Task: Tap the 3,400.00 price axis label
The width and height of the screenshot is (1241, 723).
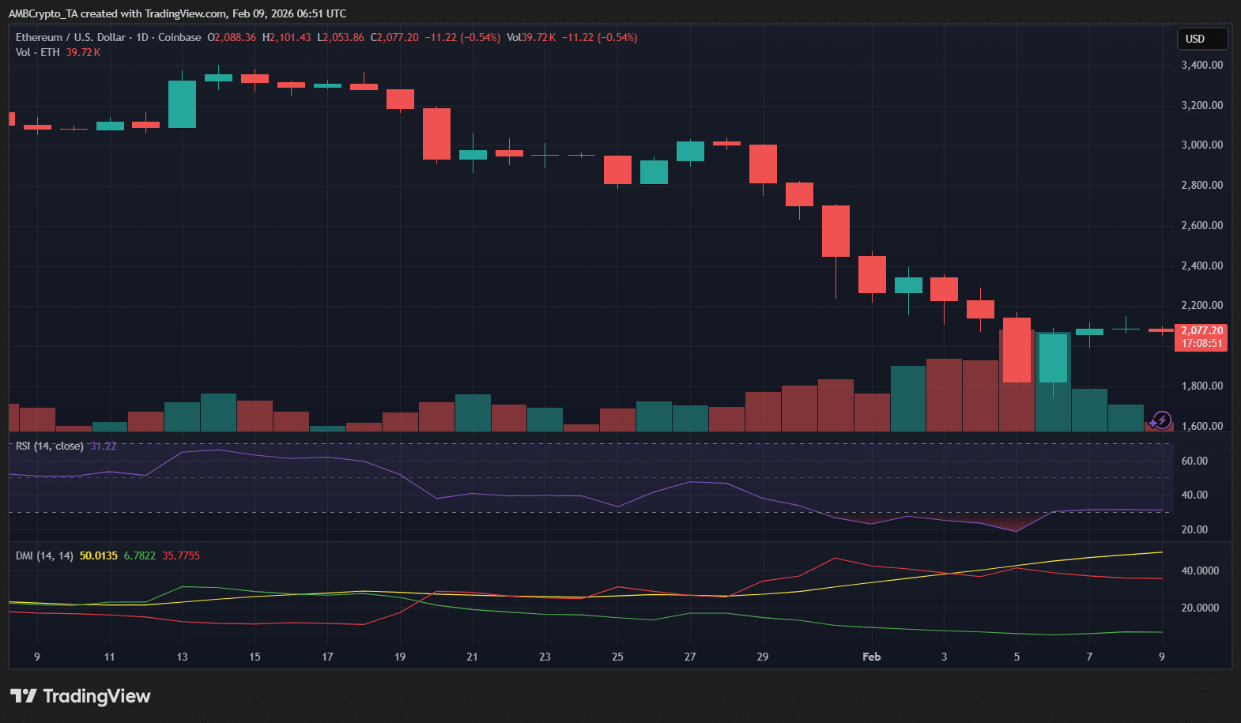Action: click(x=1201, y=65)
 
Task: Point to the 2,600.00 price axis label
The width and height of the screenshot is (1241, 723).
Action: click(x=1201, y=225)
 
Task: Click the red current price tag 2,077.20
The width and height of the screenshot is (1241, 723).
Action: click(x=1201, y=337)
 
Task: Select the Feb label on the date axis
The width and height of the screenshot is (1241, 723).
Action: click(x=871, y=657)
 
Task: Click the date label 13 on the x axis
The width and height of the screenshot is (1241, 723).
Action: click(x=182, y=657)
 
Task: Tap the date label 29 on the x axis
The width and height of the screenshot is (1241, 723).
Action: click(x=762, y=657)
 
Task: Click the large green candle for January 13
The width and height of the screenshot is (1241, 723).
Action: click(x=182, y=104)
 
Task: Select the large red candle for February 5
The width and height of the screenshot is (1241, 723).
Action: click(x=1017, y=349)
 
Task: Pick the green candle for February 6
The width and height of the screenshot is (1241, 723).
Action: click(x=1053, y=357)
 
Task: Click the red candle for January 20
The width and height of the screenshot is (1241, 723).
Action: click(x=436, y=134)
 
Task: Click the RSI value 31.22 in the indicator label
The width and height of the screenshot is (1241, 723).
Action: click(x=103, y=446)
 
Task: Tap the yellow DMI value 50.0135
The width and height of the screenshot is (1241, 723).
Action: click(x=98, y=555)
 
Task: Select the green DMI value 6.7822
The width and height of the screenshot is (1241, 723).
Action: click(x=139, y=555)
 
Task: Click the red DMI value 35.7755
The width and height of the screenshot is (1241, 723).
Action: click(x=181, y=555)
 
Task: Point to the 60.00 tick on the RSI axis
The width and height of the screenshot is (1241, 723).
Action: click(x=1194, y=461)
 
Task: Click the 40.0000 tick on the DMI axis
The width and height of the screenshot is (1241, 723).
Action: click(x=1199, y=570)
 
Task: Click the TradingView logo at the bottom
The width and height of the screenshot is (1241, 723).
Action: click(x=81, y=696)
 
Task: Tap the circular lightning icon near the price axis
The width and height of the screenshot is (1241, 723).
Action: click(x=1161, y=420)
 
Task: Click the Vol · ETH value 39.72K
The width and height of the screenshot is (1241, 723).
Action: click(x=83, y=52)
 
